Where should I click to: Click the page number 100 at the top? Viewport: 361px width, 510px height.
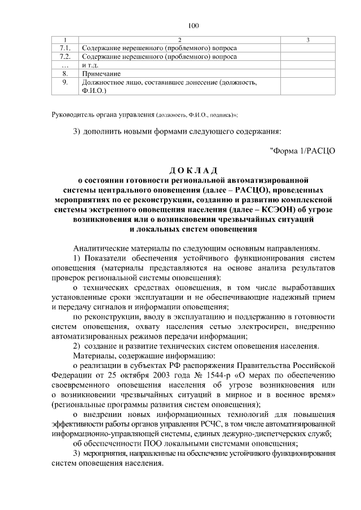(x=193, y=25)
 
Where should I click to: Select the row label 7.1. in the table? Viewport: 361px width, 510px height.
(x=65, y=48)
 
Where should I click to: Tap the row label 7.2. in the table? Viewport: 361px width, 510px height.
(x=65, y=57)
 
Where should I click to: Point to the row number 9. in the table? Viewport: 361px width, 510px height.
(x=65, y=82)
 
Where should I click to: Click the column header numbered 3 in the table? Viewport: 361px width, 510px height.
(x=307, y=40)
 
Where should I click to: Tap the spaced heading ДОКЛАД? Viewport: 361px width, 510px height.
(x=193, y=171)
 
